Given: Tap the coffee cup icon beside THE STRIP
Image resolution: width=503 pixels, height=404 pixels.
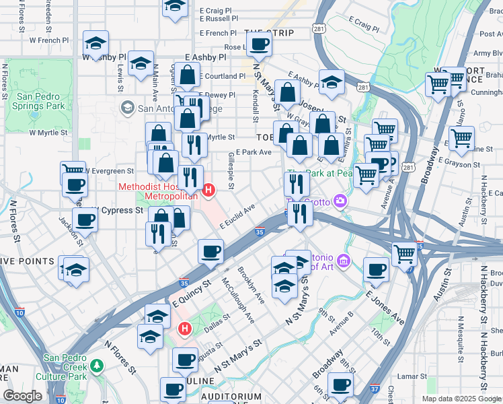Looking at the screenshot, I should pyautogui.click(x=259, y=45).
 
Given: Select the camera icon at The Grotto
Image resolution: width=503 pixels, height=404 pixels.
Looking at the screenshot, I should pyautogui.click(x=341, y=201).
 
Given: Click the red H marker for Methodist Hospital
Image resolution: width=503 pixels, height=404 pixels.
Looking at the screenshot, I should pyautogui.click(x=208, y=191).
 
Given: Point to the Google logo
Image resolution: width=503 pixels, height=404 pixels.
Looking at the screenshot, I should pyautogui.click(x=23, y=396).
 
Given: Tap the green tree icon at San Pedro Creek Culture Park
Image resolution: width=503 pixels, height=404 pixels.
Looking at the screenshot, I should pyautogui.click(x=98, y=364).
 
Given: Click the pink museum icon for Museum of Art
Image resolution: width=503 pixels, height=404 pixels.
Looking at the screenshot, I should pyautogui.click(x=344, y=261).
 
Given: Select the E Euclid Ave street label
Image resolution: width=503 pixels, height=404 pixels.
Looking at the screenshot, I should pyautogui.click(x=236, y=217).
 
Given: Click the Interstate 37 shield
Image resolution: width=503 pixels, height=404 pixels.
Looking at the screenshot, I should pyautogui.click(x=374, y=389).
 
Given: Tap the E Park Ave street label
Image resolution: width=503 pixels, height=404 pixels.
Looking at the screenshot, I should pyautogui.click(x=254, y=152).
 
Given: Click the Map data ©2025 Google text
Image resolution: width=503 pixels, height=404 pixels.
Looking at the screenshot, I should pyautogui.click(x=461, y=399).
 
